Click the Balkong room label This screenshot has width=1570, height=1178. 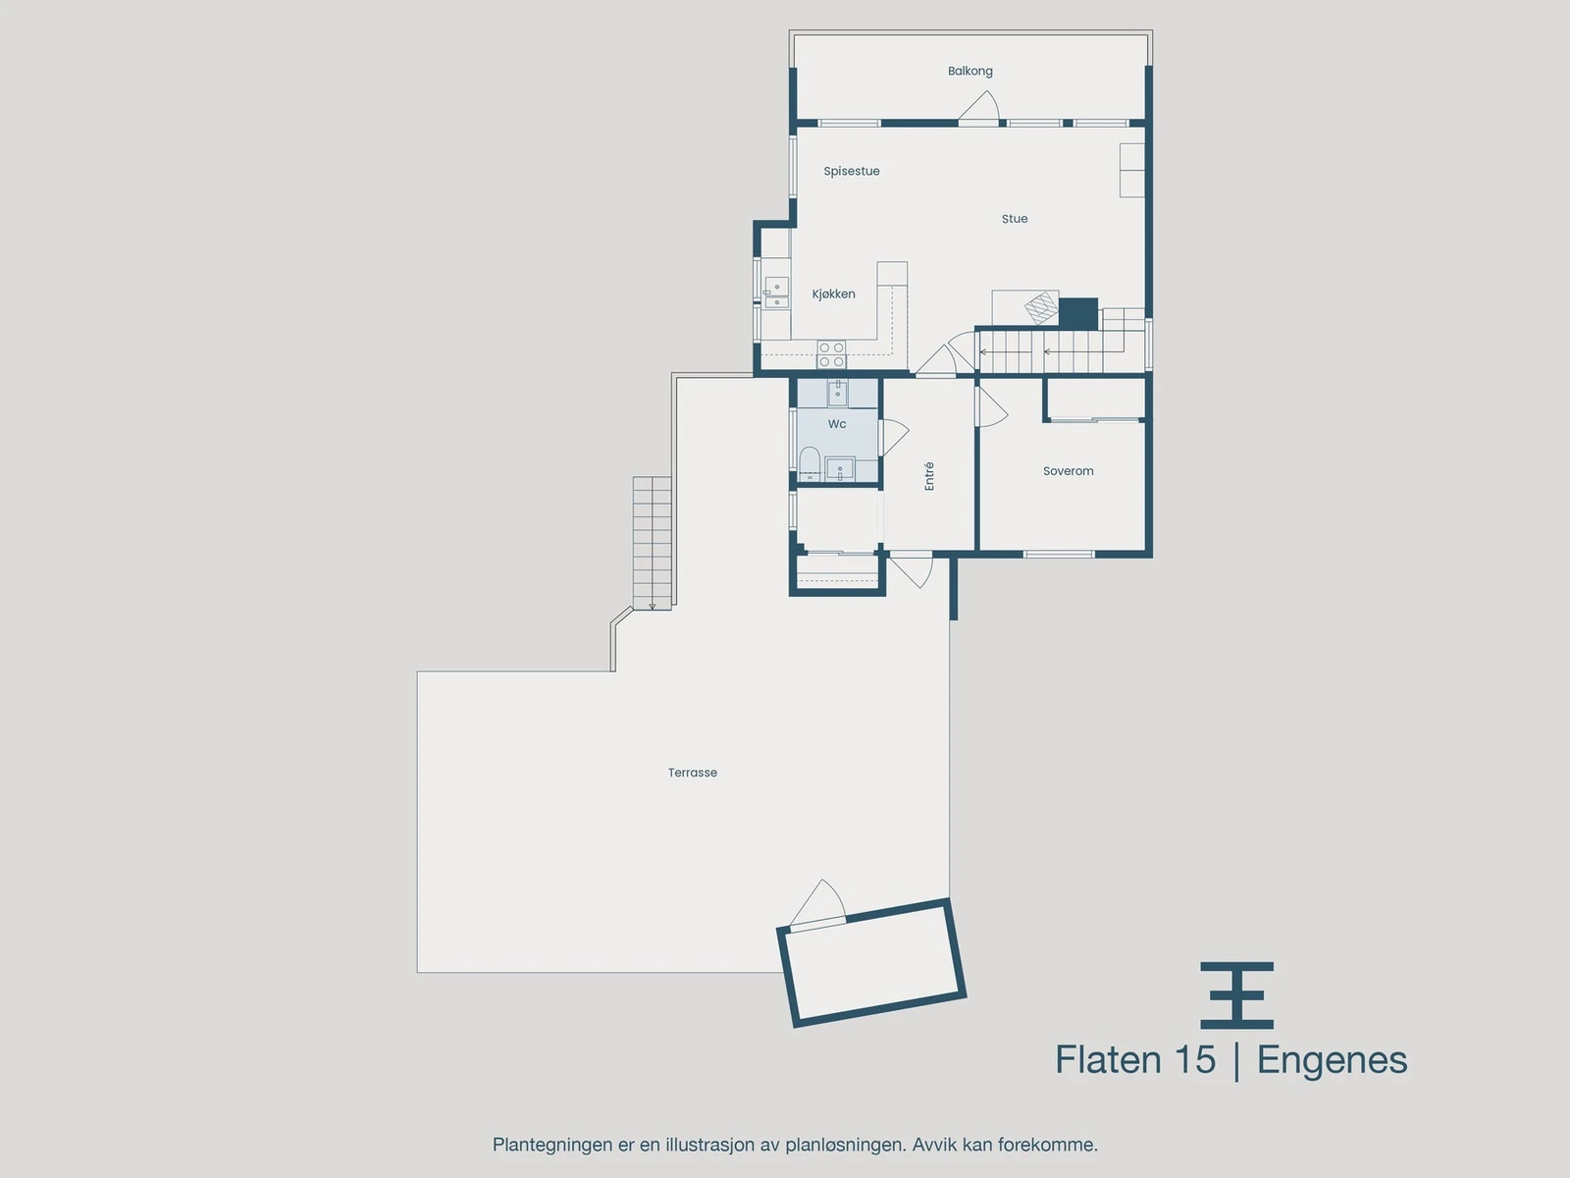click(969, 71)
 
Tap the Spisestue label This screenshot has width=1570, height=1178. click(851, 171)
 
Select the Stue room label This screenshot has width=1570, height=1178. click(1014, 219)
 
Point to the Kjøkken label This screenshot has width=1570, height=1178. click(833, 294)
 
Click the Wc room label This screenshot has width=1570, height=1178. click(836, 424)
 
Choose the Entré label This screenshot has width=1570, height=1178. click(929, 476)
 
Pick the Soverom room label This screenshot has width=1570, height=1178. click(1068, 471)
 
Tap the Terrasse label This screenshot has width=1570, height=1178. click(692, 773)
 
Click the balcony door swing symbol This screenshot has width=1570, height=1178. click(980, 108)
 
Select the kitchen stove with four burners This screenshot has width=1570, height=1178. click(831, 354)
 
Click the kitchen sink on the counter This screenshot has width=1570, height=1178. click(776, 292)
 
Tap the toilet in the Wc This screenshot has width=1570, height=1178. click(810, 463)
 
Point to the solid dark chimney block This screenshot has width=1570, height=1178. click(1077, 313)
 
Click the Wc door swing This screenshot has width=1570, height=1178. click(894, 437)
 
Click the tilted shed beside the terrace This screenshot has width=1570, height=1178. click(871, 963)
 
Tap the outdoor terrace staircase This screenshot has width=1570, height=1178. click(652, 542)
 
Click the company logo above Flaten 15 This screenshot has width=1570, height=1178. click(1236, 994)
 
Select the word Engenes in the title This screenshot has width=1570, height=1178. click(1332, 1060)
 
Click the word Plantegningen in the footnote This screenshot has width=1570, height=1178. click(551, 1145)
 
